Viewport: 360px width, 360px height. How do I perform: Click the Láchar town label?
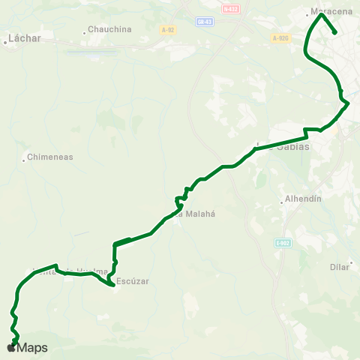pyautogui.click(x=24, y=37)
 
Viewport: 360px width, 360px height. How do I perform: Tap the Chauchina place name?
pyautogui.click(x=109, y=29)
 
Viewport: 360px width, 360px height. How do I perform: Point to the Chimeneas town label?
pyautogui.click(x=50, y=157)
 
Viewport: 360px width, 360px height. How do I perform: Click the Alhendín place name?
pyautogui.click(x=304, y=199)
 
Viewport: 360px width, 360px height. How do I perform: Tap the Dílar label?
pyautogui.click(x=340, y=266)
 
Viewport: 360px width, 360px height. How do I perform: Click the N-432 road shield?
pyautogui.click(x=229, y=7)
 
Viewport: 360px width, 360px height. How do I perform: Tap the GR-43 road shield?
pyautogui.click(x=203, y=22)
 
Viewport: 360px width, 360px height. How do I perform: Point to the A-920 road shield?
pyautogui.click(x=280, y=38)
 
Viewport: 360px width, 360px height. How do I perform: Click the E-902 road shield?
pyautogui.click(x=282, y=243)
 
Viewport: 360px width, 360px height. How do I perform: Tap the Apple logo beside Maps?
pyautogui.click(x=10, y=348)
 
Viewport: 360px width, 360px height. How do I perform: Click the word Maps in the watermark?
pyautogui.click(x=32, y=348)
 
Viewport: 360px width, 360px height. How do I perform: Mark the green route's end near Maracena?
pyautogui.click(x=334, y=32)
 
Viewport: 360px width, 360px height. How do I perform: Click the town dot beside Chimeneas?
pyautogui.click(x=24, y=158)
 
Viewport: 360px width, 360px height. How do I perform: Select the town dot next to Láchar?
pyautogui.click(x=4, y=42)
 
